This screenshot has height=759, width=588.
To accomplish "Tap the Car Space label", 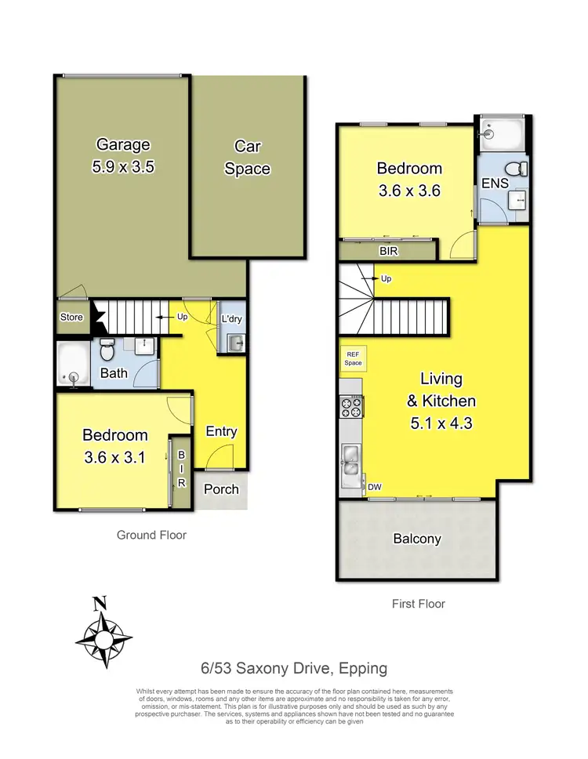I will (247, 157).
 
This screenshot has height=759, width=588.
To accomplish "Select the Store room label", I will (71, 318).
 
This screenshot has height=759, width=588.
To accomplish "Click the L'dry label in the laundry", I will (231, 319).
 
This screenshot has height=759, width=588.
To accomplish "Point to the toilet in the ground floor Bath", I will (109, 345).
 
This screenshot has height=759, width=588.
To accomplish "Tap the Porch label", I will (221, 488).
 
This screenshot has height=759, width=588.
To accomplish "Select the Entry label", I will (221, 431).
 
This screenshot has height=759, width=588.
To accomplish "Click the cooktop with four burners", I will (350, 406).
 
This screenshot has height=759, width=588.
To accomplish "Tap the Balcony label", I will (416, 539).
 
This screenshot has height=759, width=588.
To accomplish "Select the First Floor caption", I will (418, 604).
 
